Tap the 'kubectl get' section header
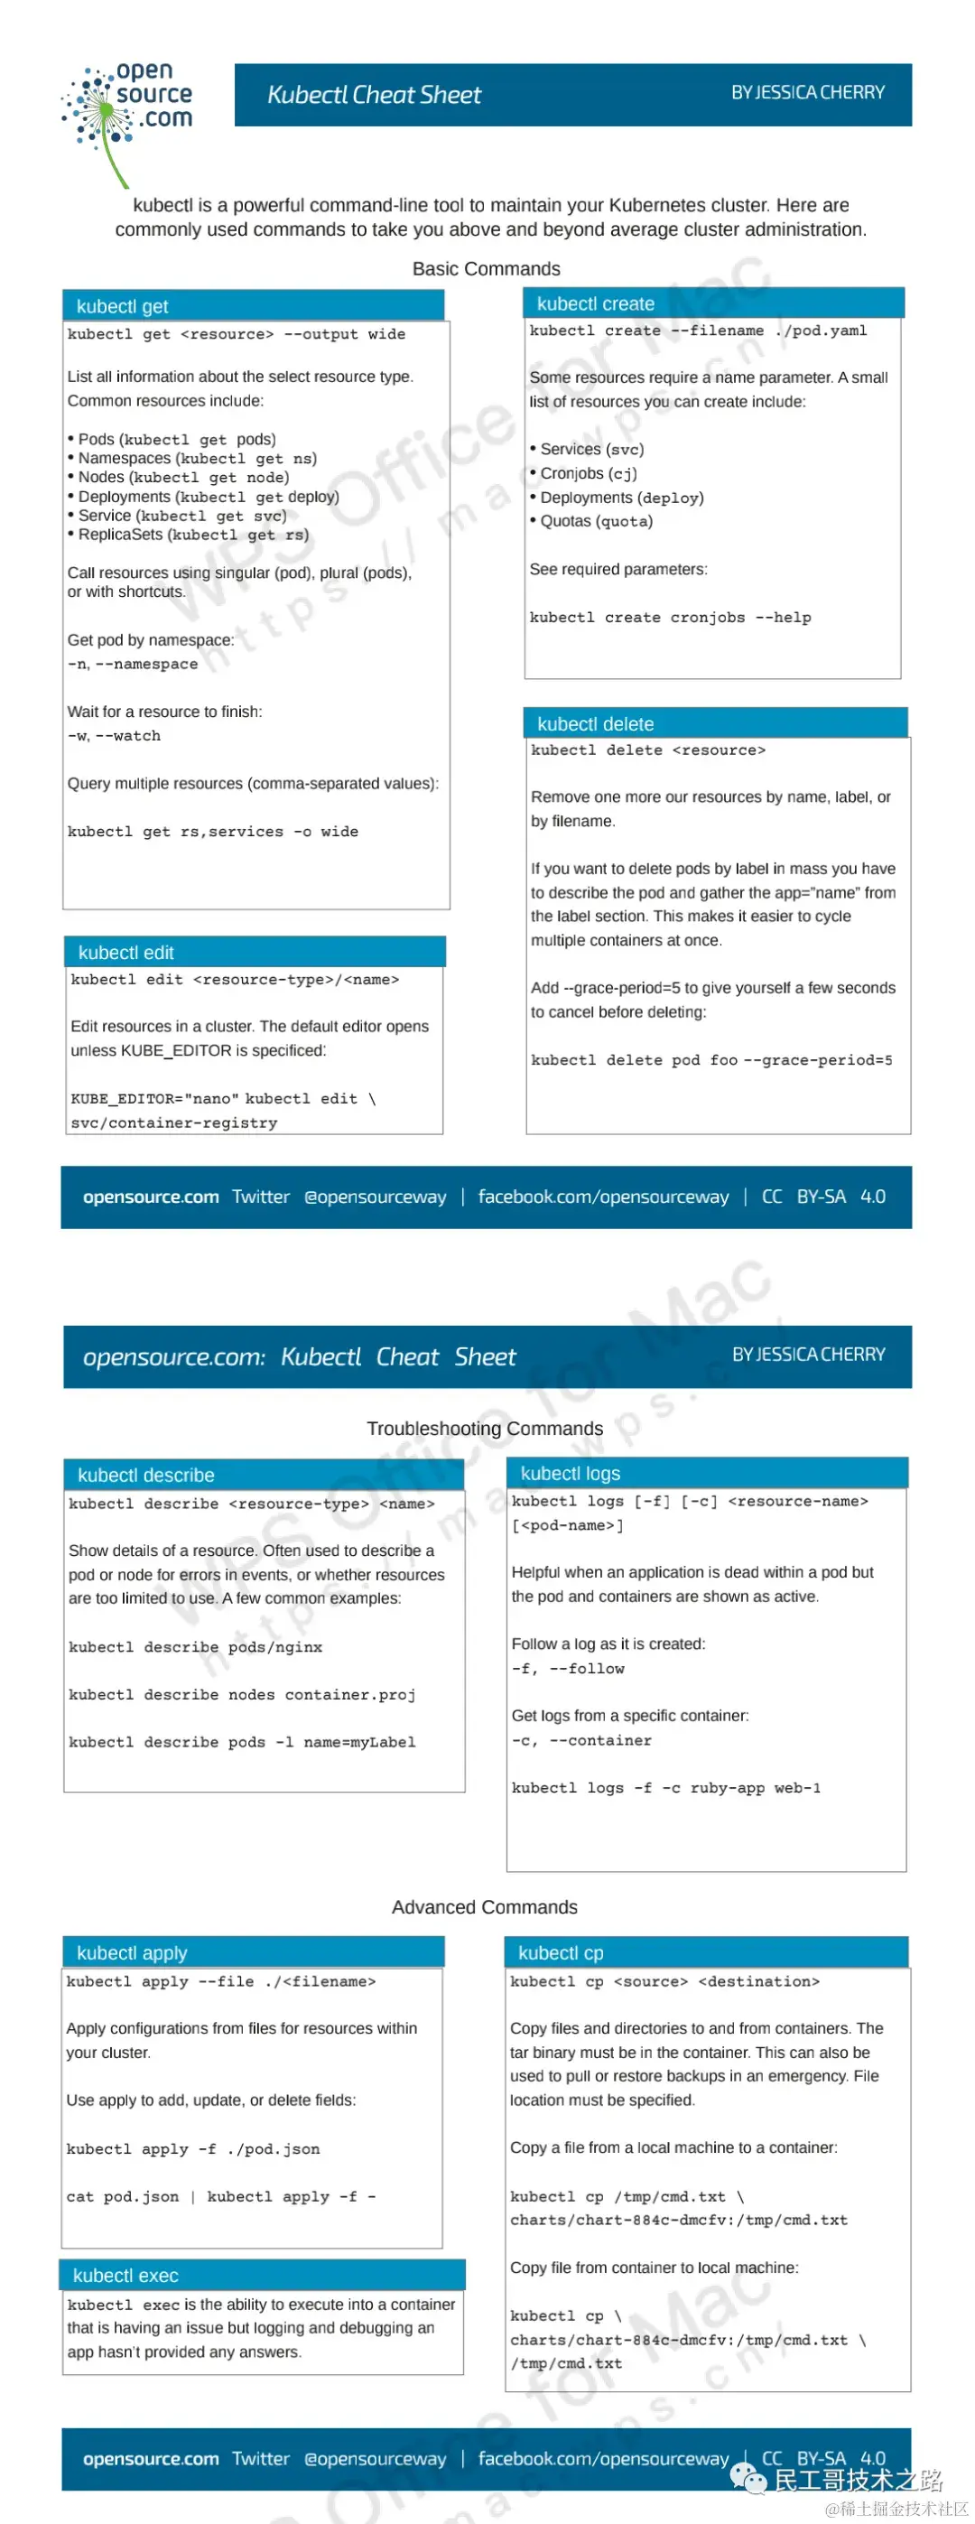click(123, 307)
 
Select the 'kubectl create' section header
click(596, 303)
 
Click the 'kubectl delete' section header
click(596, 724)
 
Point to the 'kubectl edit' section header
click(126, 953)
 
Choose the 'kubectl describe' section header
click(146, 1475)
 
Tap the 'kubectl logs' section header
click(571, 1473)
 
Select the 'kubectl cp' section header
click(561, 1951)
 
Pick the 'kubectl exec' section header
click(125, 2274)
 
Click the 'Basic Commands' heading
click(486, 268)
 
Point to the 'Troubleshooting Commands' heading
click(484, 1428)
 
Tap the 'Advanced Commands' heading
click(484, 1905)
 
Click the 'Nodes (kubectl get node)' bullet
click(183, 477)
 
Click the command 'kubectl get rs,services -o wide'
click(213, 831)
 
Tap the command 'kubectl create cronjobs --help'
click(670, 618)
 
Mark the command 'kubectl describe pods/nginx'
click(195, 1646)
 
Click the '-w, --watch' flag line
click(114, 736)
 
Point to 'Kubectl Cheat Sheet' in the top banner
click(375, 95)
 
